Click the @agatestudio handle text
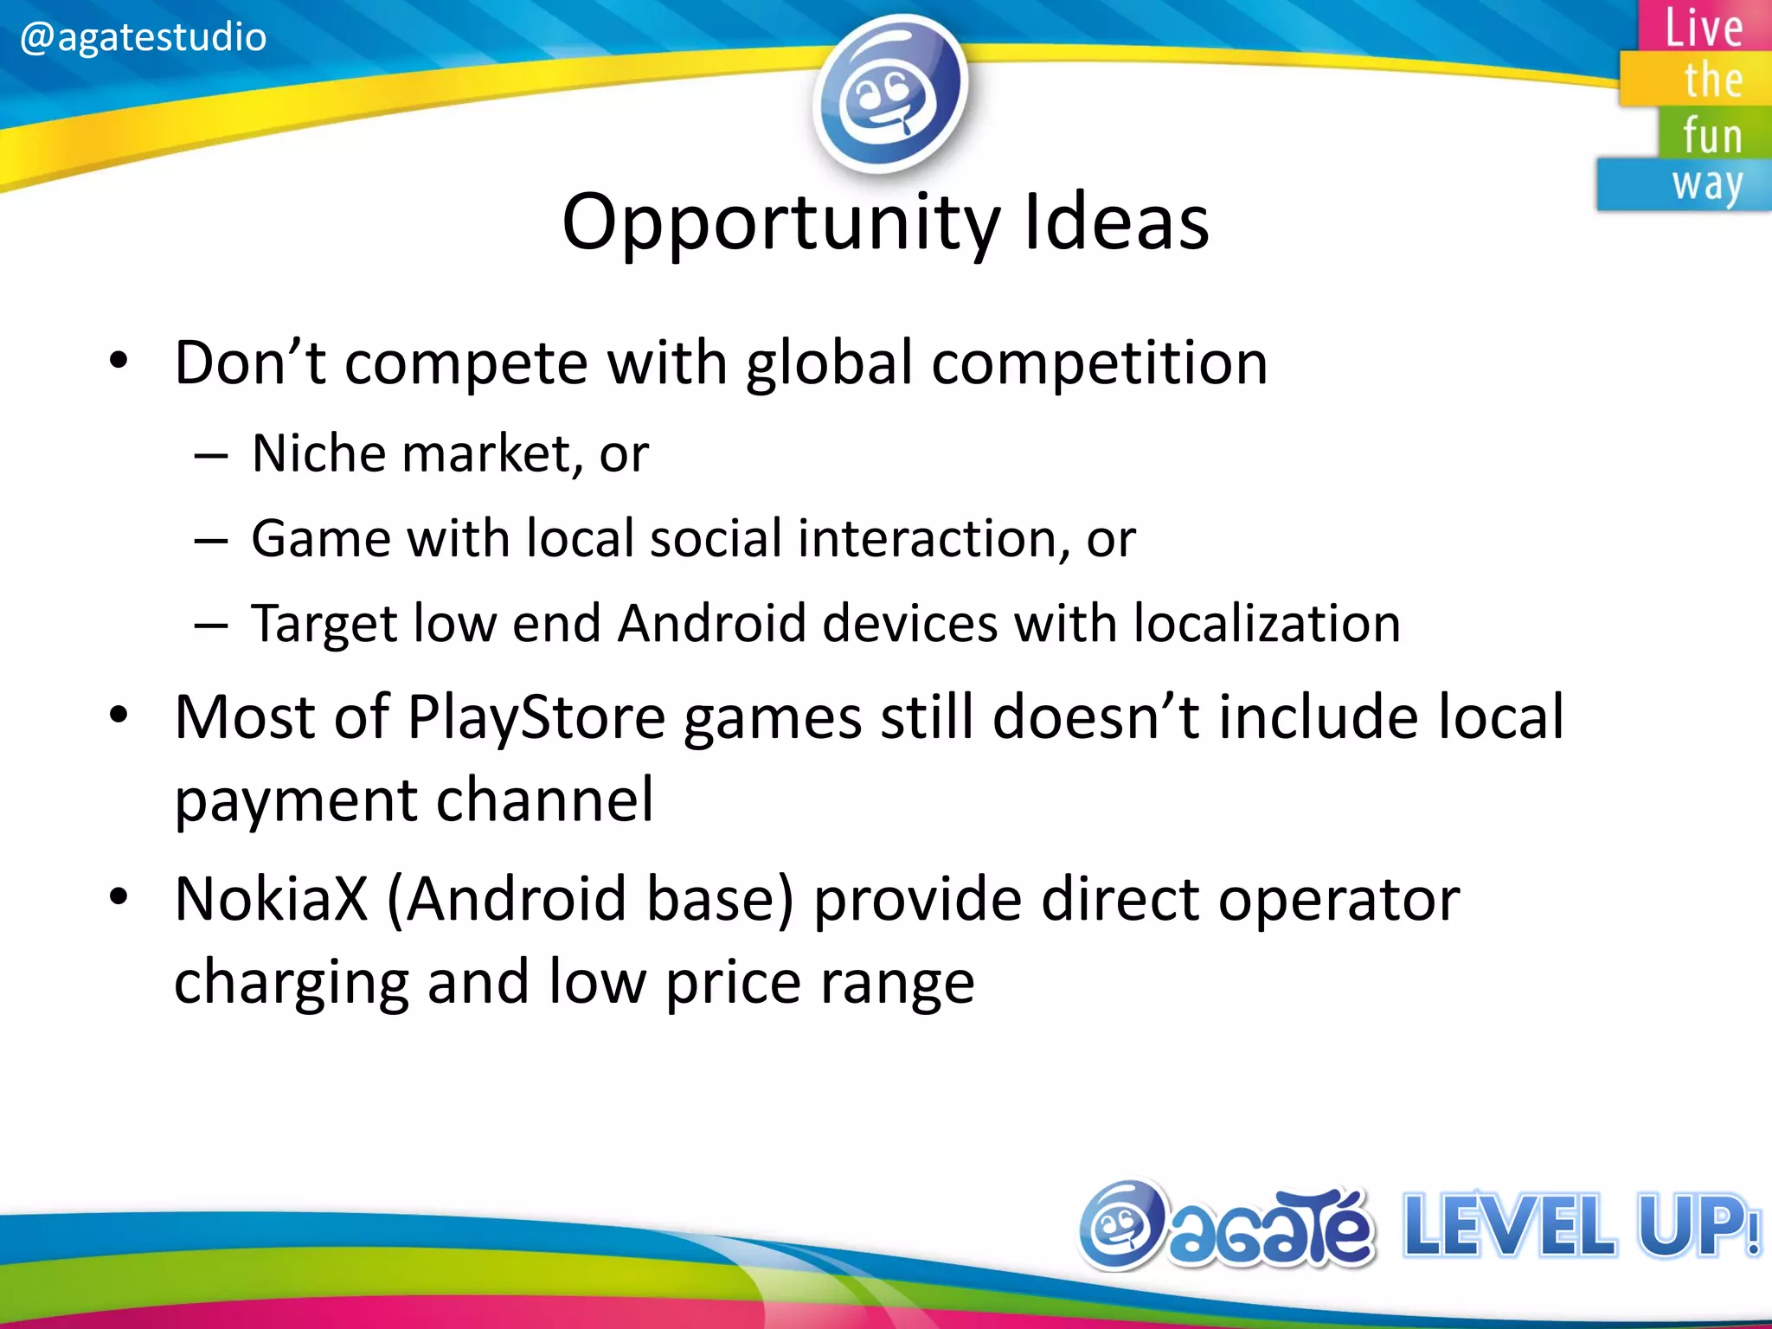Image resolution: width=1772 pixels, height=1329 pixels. (x=143, y=37)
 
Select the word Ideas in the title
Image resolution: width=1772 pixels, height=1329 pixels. (x=1116, y=222)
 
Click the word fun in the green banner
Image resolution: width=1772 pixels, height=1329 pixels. (x=1711, y=136)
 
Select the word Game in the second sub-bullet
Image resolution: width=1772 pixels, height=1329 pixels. (x=320, y=538)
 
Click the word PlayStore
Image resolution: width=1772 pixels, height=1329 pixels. (x=536, y=717)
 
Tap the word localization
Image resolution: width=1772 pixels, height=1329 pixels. (x=1267, y=623)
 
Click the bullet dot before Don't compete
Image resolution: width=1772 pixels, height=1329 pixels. (x=119, y=362)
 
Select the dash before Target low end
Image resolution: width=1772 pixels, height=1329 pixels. (x=210, y=625)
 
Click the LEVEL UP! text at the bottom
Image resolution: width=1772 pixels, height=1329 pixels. (x=1580, y=1225)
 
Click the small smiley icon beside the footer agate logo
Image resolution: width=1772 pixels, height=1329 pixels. (x=1121, y=1225)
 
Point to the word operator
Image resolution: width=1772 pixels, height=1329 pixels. (x=1339, y=899)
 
